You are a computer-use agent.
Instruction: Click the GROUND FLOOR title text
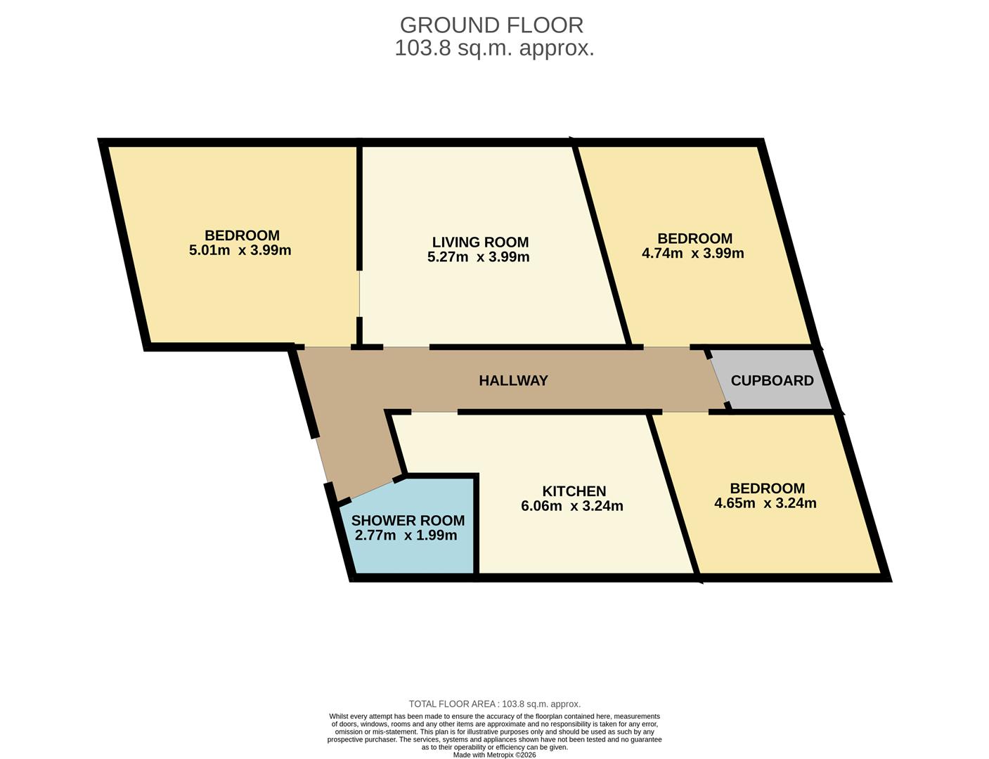click(491, 25)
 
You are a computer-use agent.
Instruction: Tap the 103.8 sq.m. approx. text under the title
click(494, 48)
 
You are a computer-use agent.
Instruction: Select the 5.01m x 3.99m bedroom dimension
click(240, 250)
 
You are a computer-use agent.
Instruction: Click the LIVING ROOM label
click(480, 242)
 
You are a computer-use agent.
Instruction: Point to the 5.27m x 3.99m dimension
click(478, 257)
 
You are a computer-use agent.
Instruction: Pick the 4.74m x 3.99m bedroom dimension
click(692, 253)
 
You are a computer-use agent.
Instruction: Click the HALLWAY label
click(513, 380)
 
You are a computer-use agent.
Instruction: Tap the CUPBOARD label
click(772, 380)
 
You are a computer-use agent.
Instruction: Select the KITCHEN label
click(574, 491)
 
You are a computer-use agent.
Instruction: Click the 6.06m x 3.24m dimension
click(571, 506)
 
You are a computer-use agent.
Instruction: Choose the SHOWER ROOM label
click(408, 520)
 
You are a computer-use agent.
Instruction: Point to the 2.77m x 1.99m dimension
click(406, 536)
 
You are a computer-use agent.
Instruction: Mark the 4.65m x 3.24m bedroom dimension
click(765, 503)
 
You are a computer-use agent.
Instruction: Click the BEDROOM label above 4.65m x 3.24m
click(767, 488)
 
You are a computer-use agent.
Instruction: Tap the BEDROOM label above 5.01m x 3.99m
click(242, 235)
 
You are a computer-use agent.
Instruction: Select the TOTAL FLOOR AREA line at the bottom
click(494, 703)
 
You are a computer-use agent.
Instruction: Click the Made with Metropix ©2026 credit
click(494, 755)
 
